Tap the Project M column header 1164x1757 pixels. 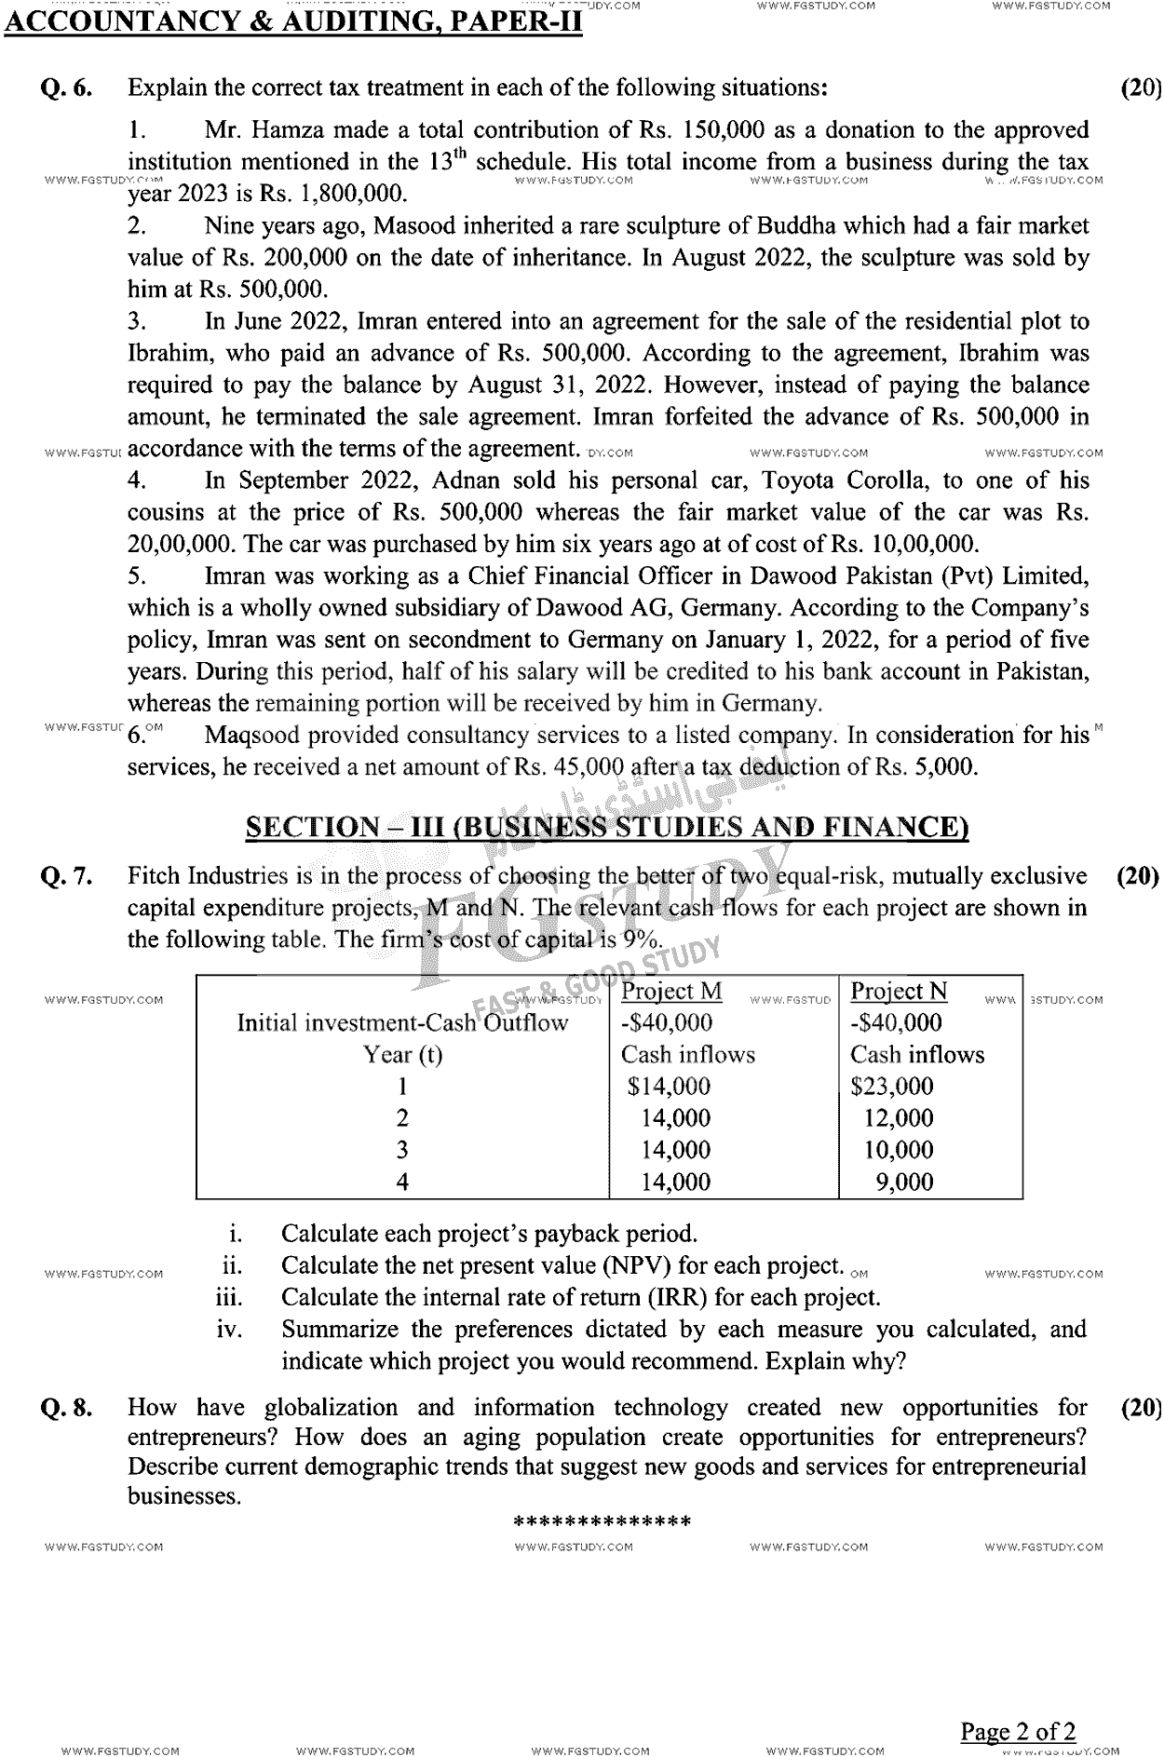pos(671,992)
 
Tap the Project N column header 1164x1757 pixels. pos(899,992)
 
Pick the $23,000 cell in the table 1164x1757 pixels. pos(891,1087)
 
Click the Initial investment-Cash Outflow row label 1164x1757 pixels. pos(402,1023)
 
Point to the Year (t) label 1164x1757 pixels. pos(402,1055)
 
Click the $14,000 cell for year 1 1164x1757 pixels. pos(669,1087)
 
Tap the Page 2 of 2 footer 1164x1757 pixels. pos(1018,1732)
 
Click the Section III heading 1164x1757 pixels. pos(606,827)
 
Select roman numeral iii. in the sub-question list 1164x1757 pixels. pos(229,1298)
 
